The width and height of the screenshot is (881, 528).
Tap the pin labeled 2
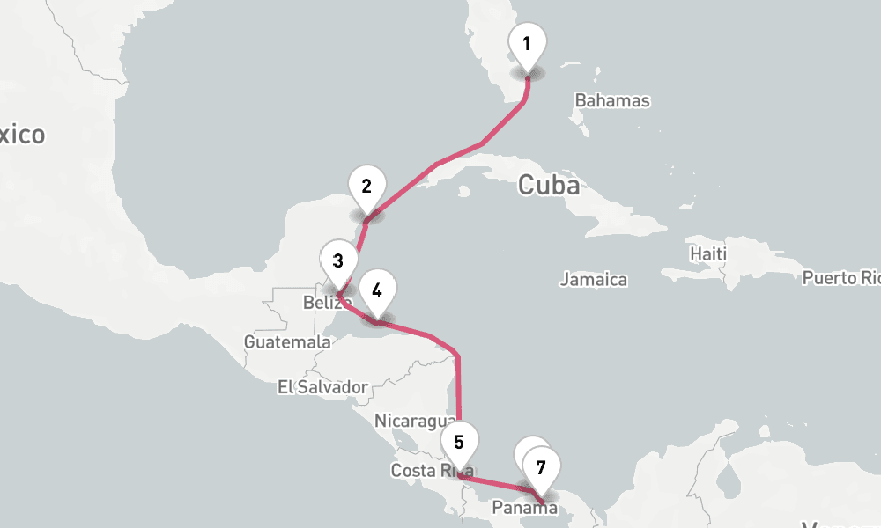(x=366, y=187)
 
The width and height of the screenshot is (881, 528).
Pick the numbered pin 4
(x=377, y=290)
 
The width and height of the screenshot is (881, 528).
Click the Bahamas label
(x=612, y=100)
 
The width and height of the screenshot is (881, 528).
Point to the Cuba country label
(x=549, y=186)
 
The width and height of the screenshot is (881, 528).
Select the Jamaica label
(x=594, y=280)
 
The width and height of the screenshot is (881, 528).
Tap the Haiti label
(x=708, y=254)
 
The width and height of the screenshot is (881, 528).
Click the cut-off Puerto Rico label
(x=841, y=278)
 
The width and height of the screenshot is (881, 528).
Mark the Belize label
(x=327, y=303)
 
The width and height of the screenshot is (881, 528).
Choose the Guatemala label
(x=288, y=341)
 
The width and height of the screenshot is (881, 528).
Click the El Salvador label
(x=322, y=386)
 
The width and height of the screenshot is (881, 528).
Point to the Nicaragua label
(x=415, y=421)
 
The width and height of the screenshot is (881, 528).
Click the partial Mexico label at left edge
(x=22, y=135)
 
